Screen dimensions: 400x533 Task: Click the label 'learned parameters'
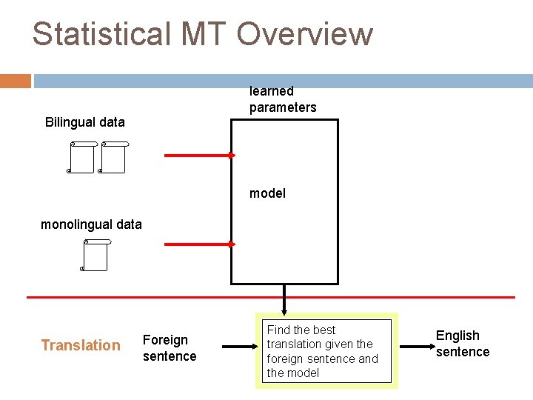click(x=282, y=99)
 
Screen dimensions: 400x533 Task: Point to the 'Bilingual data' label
click(x=85, y=121)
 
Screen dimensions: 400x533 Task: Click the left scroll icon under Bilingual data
click(x=81, y=157)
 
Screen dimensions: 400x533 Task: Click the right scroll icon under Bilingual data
click(x=113, y=157)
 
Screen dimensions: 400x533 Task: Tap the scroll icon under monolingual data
click(x=95, y=256)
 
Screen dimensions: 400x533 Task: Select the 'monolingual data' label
click(x=91, y=224)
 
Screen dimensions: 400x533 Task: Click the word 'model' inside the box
click(x=267, y=193)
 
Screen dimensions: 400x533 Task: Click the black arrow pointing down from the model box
click(x=284, y=299)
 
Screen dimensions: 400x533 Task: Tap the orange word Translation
click(x=81, y=345)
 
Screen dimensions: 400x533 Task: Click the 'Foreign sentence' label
click(x=170, y=348)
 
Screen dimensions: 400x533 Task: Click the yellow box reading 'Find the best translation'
click(x=326, y=351)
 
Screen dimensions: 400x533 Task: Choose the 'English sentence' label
click(x=463, y=344)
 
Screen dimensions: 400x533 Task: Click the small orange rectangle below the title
click(x=16, y=81)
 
